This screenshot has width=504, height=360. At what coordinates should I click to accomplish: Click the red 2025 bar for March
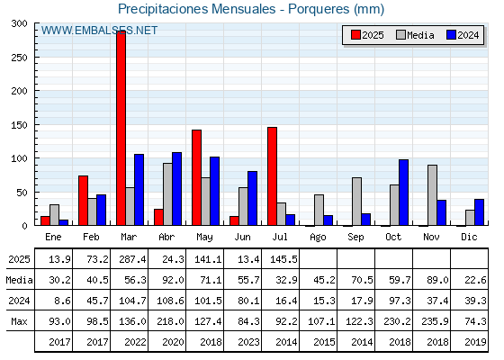coord(121,128)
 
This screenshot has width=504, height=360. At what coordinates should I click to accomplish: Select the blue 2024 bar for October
coord(403,193)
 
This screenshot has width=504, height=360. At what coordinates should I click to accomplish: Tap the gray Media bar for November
coord(432,195)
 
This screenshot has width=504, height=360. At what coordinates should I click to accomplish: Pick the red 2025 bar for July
coord(272,176)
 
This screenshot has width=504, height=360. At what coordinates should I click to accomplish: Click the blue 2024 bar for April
coord(176,189)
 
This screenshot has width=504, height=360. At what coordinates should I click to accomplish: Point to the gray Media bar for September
coord(356,202)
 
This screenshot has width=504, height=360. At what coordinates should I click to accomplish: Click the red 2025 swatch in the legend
coord(355,35)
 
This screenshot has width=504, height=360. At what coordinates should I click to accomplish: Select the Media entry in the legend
coord(415,35)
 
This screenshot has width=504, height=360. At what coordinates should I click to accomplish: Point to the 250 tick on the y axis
coord(36,58)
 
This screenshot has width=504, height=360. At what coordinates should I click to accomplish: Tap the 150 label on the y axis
coord(19,125)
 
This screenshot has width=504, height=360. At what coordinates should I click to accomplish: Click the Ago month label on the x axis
coord(318,238)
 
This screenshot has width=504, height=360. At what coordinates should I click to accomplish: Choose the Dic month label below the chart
coord(469,237)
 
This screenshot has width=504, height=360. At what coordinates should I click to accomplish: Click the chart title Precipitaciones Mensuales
coord(197,9)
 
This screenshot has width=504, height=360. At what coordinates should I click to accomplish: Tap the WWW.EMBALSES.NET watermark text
coord(99,31)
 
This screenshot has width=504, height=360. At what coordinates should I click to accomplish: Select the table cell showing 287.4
coord(132,259)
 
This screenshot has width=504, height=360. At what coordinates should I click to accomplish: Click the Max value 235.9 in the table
coord(435,321)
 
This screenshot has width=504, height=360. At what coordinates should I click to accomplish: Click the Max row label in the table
coord(19,321)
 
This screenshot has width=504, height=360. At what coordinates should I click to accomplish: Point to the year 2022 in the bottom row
coord(135,342)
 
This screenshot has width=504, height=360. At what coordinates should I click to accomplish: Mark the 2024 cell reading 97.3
coord(400,301)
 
